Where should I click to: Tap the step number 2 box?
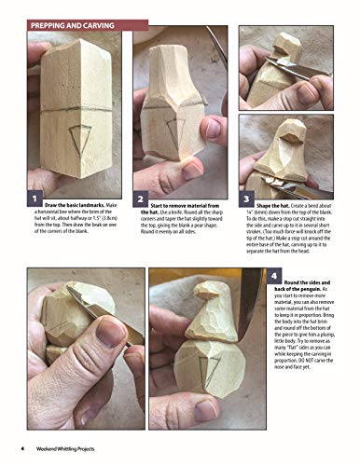pos(140,199)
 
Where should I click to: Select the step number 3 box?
pos(246,199)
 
